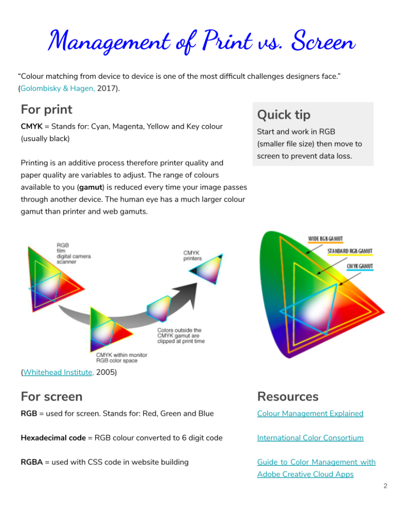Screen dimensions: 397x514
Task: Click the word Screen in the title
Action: click(x=323, y=41)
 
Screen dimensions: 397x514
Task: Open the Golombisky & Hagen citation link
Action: click(x=58, y=88)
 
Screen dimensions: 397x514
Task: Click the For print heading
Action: click(x=47, y=110)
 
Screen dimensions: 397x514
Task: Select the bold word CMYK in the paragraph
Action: click(x=32, y=127)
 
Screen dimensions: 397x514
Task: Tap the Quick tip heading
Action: click(x=284, y=115)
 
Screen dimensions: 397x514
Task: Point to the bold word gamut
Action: click(x=91, y=187)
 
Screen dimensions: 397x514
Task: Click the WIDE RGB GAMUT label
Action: click(x=325, y=239)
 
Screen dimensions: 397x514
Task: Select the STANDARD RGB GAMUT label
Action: click(x=350, y=251)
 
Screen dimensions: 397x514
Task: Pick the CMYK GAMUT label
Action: click(x=360, y=266)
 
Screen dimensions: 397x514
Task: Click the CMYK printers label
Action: click(x=192, y=256)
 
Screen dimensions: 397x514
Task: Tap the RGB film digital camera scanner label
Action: click(x=73, y=253)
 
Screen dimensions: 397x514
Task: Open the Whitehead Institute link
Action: click(x=58, y=372)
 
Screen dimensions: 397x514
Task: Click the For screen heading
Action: click(x=51, y=396)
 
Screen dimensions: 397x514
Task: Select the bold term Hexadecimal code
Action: click(x=53, y=438)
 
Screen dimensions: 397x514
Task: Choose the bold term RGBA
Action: click(x=32, y=462)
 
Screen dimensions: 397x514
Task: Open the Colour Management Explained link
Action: click(x=310, y=414)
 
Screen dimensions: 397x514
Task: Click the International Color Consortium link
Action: click(x=310, y=438)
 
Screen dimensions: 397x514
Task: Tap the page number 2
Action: click(x=385, y=486)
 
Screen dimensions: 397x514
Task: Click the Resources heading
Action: click(x=288, y=396)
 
